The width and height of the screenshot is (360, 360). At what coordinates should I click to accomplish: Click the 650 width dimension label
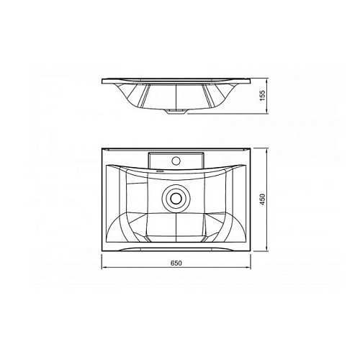coord(176,264)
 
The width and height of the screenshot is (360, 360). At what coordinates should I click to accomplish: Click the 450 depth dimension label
coord(263,199)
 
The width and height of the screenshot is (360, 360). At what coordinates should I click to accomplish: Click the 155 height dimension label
coord(263,96)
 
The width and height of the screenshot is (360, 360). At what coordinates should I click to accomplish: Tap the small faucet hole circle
coord(176,161)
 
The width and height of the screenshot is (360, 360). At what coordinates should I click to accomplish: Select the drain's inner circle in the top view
coord(176,198)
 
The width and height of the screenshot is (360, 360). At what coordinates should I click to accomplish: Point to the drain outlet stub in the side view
coord(176,112)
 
